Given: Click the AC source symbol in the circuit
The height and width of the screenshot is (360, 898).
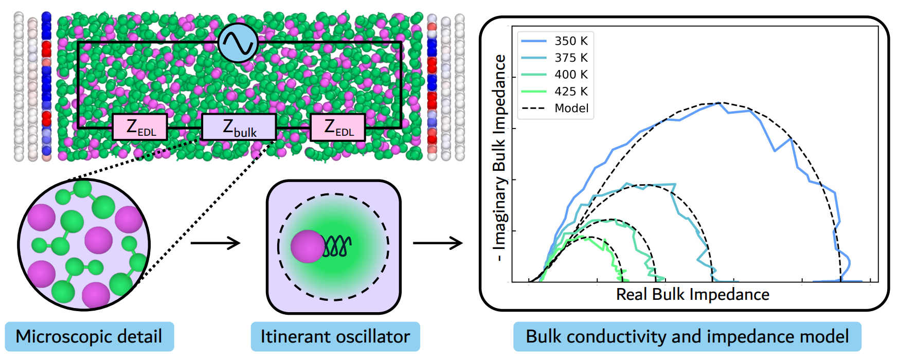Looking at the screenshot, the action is [238, 43].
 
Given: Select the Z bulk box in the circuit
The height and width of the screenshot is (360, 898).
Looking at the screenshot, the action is [239, 127].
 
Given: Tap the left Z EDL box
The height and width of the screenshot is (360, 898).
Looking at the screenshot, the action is [140, 127].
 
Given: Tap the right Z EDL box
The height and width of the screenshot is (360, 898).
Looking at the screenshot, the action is [338, 127].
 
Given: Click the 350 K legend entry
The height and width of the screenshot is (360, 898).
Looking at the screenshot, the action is [554, 41].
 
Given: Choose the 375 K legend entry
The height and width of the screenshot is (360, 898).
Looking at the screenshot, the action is [554, 58].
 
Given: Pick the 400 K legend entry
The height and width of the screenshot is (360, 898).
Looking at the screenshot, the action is [554, 75].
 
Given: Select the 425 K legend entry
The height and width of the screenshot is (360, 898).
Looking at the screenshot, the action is [554, 92].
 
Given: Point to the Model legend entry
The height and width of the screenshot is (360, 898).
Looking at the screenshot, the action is [555, 109].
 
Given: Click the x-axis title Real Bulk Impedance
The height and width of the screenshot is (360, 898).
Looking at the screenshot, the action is [693, 295].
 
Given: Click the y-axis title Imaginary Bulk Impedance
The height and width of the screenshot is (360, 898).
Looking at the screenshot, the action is [499, 158].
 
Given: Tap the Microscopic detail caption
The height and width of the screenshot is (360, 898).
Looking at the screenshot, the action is [89, 336].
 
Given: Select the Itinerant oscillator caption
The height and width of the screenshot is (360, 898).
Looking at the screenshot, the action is [335, 336].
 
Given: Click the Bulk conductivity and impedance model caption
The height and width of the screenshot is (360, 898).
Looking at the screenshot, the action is [687, 336].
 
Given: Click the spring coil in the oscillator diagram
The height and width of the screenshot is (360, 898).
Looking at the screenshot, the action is [337, 246].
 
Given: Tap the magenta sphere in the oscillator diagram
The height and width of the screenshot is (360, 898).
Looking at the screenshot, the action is [308, 246].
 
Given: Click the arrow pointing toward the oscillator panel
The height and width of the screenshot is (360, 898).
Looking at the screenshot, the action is [215, 243].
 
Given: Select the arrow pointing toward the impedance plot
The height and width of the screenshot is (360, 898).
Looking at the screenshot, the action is [438, 243].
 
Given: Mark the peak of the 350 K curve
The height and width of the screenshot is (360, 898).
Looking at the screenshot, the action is [719, 103].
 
